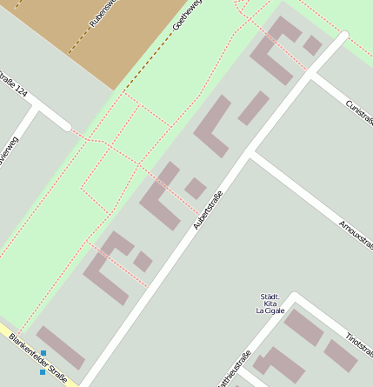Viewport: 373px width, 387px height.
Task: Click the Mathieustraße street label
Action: click(234, 369)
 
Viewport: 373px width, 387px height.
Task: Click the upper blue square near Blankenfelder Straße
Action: click(43, 353)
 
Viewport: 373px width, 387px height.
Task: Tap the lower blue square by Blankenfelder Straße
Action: click(42, 372)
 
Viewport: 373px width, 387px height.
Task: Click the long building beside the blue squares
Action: click(60, 347)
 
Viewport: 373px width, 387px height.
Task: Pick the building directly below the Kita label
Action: click(303, 327)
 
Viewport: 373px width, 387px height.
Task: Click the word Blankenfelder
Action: click(26, 350)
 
